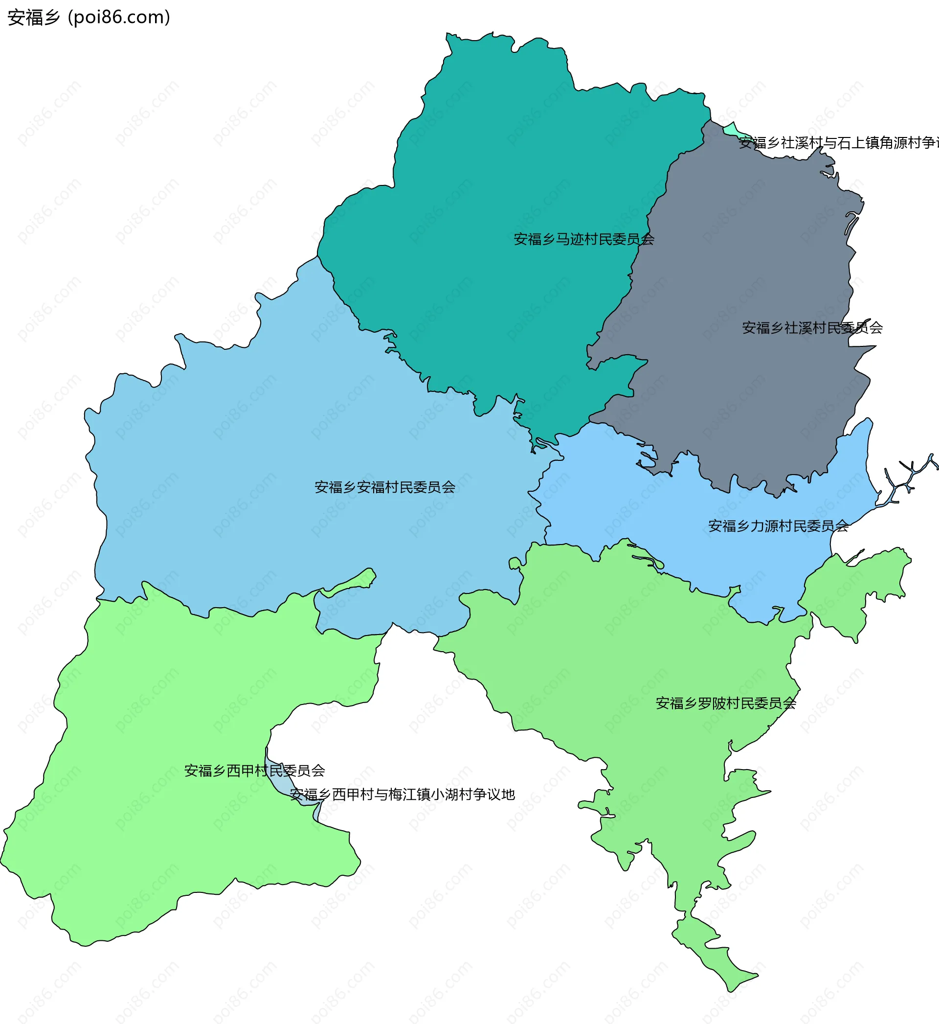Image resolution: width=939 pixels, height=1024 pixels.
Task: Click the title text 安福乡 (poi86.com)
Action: point(89,17)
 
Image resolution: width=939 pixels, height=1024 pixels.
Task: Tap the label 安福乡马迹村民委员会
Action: point(583,239)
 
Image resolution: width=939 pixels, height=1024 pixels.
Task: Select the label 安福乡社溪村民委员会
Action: point(812,328)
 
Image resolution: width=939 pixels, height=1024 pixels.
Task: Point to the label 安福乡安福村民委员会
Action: point(384,487)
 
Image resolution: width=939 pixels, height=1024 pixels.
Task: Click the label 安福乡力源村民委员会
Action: point(778,526)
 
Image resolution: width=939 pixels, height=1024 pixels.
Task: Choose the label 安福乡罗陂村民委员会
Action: point(726,704)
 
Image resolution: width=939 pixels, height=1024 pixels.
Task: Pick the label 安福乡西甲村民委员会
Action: point(254,771)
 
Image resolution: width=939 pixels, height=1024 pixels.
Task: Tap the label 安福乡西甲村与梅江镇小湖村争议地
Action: point(402,795)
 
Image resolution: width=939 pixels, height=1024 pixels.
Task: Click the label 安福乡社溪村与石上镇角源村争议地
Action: point(838,143)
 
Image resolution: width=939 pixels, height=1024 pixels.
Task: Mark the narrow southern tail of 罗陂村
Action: point(712,950)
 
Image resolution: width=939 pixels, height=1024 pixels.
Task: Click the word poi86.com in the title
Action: point(119,17)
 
